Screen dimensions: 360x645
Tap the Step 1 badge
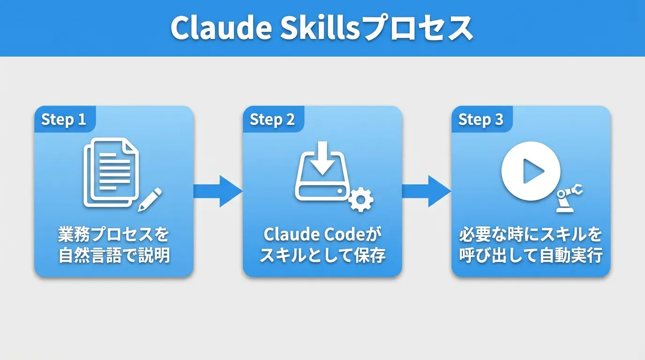(x=64, y=120)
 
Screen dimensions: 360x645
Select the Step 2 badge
(x=273, y=120)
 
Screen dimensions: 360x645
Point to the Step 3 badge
(x=481, y=120)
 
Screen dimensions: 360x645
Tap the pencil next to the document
(x=150, y=199)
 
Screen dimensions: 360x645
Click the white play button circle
(x=531, y=172)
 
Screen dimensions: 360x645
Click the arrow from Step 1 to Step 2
(x=217, y=191)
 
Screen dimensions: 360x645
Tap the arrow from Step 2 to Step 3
(x=426, y=191)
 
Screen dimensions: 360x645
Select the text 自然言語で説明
(x=113, y=256)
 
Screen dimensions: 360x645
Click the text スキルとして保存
(x=322, y=256)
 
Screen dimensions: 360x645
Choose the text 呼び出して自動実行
(x=530, y=256)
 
